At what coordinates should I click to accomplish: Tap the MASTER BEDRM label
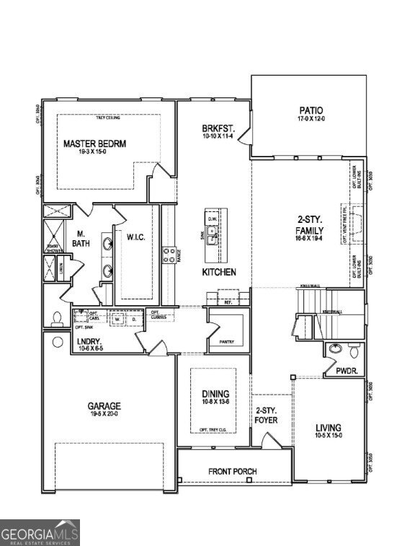point(94,144)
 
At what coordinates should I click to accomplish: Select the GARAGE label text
point(104,406)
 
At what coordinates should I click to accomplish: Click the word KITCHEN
point(220,273)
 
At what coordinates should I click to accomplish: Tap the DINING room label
point(215,394)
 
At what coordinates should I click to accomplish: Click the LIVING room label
point(329,428)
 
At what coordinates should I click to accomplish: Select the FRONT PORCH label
point(233,472)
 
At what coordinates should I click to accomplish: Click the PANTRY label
point(226,341)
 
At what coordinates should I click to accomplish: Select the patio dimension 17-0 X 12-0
point(312,118)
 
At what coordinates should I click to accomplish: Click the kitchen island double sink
point(213,232)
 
